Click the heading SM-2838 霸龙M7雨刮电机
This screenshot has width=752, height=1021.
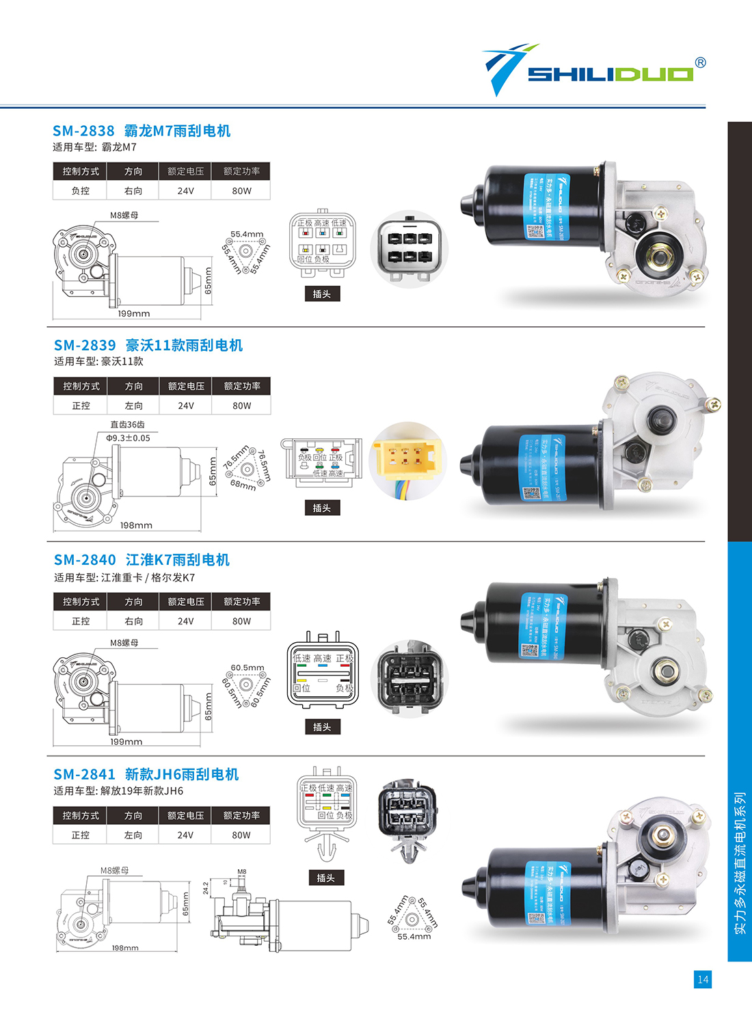click(x=142, y=131)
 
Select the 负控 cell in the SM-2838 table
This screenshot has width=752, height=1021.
click(x=81, y=191)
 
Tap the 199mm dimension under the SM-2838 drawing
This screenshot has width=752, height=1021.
click(x=133, y=314)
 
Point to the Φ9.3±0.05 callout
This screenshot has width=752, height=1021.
click(x=128, y=438)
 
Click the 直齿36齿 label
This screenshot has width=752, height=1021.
click(x=127, y=425)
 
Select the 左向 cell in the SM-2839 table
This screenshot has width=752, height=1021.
click(x=134, y=406)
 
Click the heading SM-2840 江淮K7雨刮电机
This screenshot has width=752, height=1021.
click(x=142, y=559)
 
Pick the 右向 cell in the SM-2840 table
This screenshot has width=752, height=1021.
click(x=134, y=621)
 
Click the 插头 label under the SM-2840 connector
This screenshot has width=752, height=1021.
click(x=322, y=727)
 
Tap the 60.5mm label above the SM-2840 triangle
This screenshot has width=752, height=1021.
click(x=247, y=667)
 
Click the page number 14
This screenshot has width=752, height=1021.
click(x=703, y=979)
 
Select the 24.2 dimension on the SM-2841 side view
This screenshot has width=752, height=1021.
click(x=206, y=888)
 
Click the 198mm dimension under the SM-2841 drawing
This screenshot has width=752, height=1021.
click(x=125, y=948)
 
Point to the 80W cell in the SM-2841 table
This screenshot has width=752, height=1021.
click(x=241, y=835)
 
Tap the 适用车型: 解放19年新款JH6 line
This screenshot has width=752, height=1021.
click(x=118, y=791)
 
